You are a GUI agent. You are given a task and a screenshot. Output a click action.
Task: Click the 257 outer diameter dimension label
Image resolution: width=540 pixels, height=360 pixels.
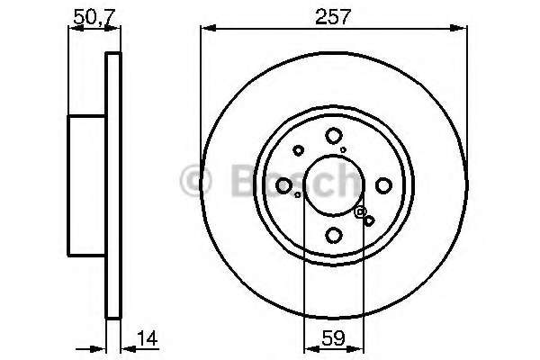coord(333,16)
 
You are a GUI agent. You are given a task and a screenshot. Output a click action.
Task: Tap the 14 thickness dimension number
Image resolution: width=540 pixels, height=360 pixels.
coord(148,338)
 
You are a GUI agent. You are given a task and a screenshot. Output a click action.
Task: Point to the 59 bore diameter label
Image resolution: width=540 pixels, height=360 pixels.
coord(333,338)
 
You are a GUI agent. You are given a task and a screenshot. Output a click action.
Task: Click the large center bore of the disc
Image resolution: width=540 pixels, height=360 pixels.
coord(333,185)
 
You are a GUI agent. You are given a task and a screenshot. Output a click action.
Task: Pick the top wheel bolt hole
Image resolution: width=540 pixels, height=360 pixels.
coord(333,135)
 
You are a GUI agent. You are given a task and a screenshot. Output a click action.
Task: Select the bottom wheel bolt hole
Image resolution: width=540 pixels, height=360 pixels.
coord(333,236)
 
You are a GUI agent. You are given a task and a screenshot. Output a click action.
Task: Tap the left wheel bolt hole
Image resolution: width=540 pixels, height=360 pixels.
coord(283,185)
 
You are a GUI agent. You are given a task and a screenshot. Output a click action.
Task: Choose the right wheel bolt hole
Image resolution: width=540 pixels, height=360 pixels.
coord(383,185)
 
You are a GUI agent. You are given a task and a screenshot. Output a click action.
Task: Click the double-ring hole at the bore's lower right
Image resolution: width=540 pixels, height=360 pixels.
coord(361,211)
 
